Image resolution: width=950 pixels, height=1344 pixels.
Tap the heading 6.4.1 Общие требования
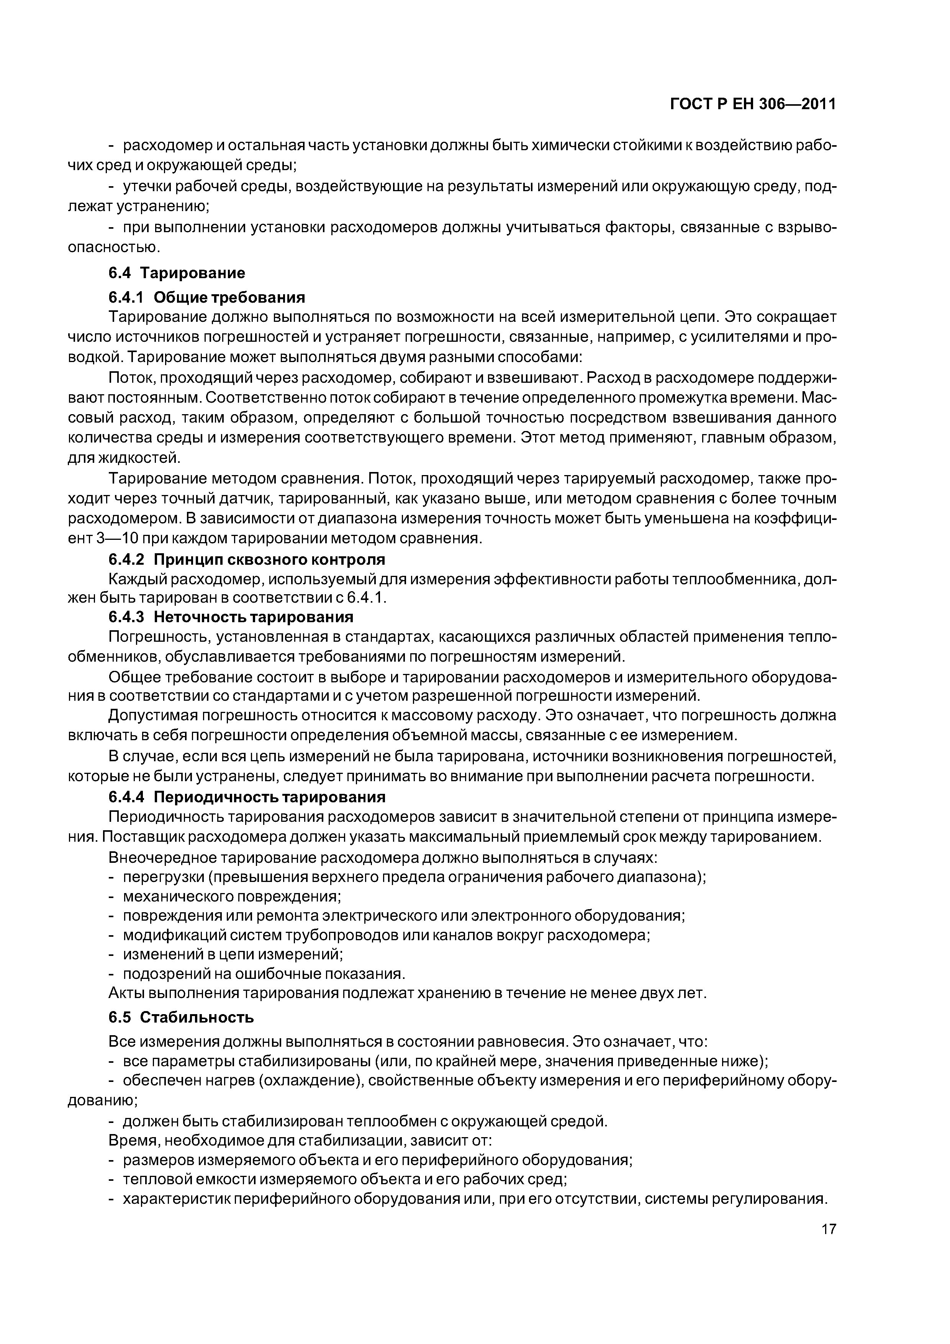(206, 297)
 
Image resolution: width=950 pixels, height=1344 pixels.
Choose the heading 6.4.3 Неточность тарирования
(231, 617)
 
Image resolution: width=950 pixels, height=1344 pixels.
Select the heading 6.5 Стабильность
(181, 1017)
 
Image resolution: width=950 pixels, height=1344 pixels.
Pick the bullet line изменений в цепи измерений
(233, 954)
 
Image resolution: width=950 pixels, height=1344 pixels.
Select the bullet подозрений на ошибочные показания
(264, 974)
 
